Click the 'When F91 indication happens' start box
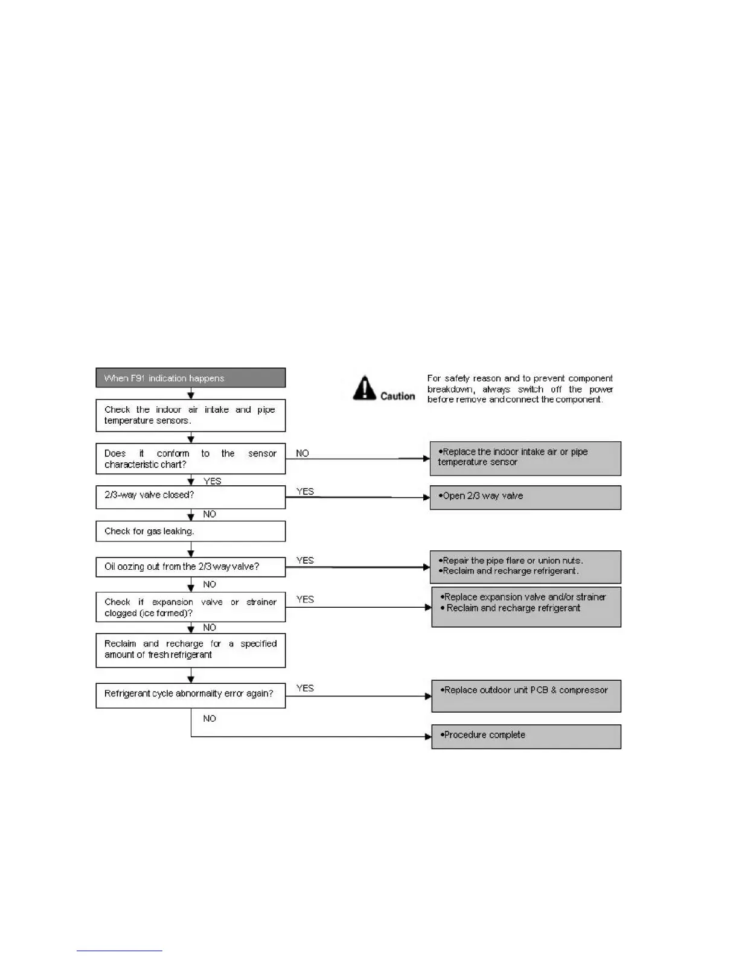coord(190,378)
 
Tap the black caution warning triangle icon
coord(364,388)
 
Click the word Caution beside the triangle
coord(397,396)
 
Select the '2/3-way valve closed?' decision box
coord(190,497)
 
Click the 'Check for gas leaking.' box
coord(190,531)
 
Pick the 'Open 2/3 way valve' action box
coord(525,497)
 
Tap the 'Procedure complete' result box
coord(526,736)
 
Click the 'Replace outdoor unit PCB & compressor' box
coord(526,696)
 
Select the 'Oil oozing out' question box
coord(190,567)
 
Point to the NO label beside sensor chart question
coord(302,453)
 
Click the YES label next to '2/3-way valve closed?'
coord(306,491)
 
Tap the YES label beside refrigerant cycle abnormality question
coord(306,688)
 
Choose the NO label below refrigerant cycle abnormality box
coord(210,718)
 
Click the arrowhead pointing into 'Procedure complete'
coord(428,736)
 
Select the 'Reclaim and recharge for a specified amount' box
coord(190,650)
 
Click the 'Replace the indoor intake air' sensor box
coord(525,458)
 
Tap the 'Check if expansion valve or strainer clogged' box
coord(190,607)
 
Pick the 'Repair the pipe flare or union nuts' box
coord(525,567)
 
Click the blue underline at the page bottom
coord(119,951)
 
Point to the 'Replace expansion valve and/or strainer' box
coord(526,607)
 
